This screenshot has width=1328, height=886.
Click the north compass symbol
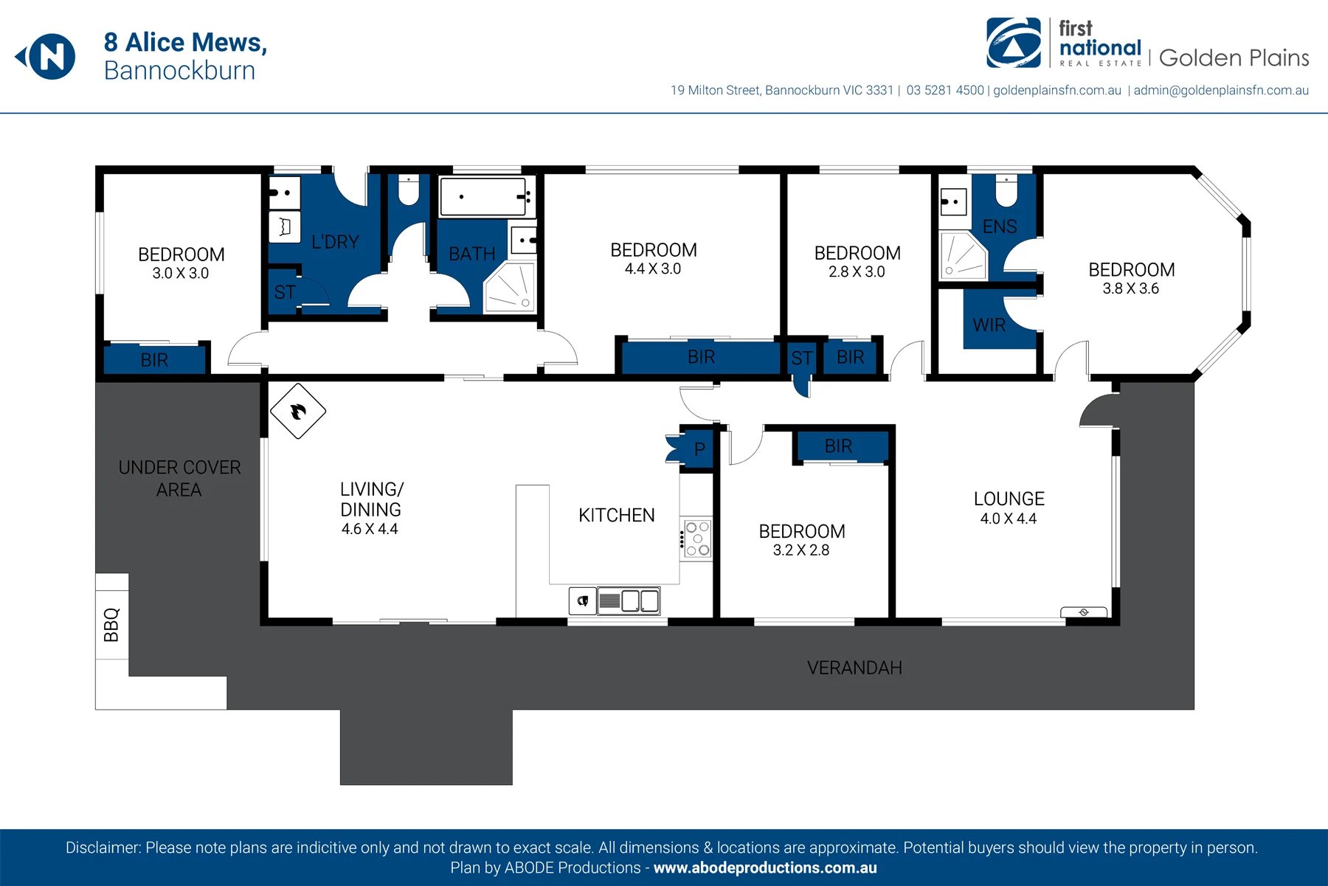coord(46,57)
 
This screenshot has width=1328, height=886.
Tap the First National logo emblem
coord(1014,43)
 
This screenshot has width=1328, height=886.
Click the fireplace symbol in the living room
coord(298,411)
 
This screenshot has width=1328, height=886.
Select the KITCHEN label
coord(617,515)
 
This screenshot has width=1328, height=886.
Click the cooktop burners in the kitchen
coord(697,539)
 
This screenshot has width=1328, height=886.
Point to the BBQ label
coord(111,625)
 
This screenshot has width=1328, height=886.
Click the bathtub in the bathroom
coord(483,196)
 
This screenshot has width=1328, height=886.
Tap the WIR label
coord(989,325)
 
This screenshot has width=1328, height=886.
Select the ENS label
coord(1000,226)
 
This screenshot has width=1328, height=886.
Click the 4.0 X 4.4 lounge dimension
coord(1009,519)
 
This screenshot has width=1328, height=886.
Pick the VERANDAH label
coord(854,668)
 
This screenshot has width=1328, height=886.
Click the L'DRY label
coord(335,242)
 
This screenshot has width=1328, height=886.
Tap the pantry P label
coord(699,449)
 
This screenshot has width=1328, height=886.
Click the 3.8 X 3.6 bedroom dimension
coord(1131,288)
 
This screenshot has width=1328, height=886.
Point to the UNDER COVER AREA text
coord(179,479)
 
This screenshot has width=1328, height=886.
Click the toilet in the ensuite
coord(1006,190)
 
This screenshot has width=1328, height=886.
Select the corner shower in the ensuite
coord(963,255)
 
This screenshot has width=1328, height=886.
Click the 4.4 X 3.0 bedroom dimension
coord(653,269)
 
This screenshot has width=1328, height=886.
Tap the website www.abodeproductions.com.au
coord(765,868)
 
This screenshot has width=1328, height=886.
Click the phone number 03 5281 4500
coord(945,90)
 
